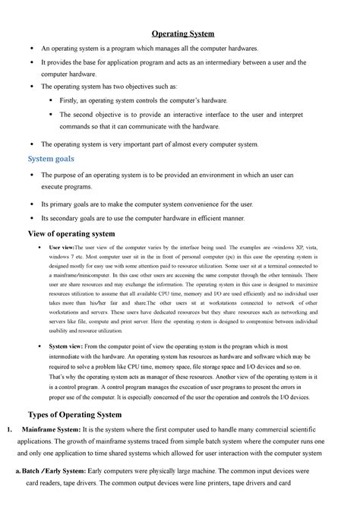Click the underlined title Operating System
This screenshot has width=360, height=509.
point(182,34)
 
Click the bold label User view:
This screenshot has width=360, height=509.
point(62,248)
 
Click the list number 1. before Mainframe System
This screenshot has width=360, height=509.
point(10,430)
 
